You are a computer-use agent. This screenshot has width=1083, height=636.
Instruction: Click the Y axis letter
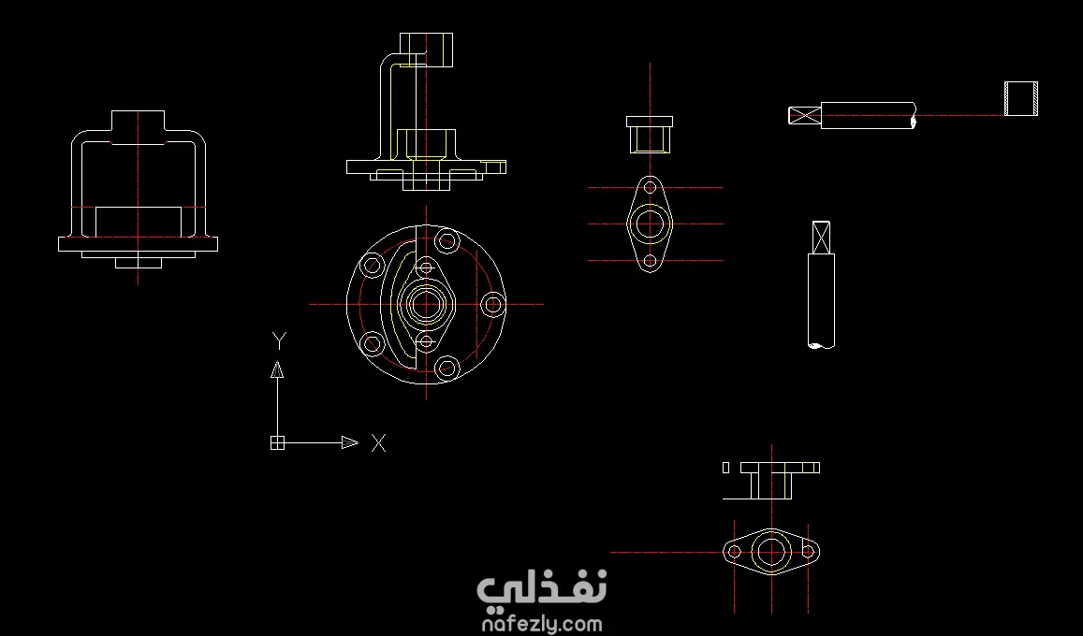[x=279, y=340]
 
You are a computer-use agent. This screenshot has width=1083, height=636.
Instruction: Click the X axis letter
[x=378, y=442]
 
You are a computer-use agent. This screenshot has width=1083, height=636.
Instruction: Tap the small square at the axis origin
[x=277, y=442]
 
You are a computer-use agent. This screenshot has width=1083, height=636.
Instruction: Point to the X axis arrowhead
[x=350, y=442]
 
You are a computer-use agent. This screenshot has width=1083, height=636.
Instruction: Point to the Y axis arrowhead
[x=277, y=369]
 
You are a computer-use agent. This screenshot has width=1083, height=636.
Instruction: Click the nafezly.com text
[x=541, y=624]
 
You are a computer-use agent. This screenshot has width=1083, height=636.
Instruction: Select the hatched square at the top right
[x=1021, y=98]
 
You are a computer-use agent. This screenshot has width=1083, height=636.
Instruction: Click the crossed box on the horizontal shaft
[x=805, y=115]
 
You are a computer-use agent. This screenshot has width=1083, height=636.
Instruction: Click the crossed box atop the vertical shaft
[x=821, y=238]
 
